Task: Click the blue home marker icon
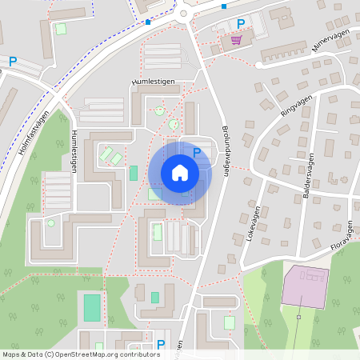(x=180, y=172)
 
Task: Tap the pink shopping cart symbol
(x=235, y=40)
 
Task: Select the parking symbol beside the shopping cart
(x=240, y=24)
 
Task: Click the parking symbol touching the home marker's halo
(x=196, y=151)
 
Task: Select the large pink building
(x=305, y=286)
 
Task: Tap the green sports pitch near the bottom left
(x=93, y=306)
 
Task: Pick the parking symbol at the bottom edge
(x=161, y=345)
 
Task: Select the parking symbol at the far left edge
(x=13, y=61)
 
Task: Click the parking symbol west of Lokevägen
(x=238, y=238)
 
